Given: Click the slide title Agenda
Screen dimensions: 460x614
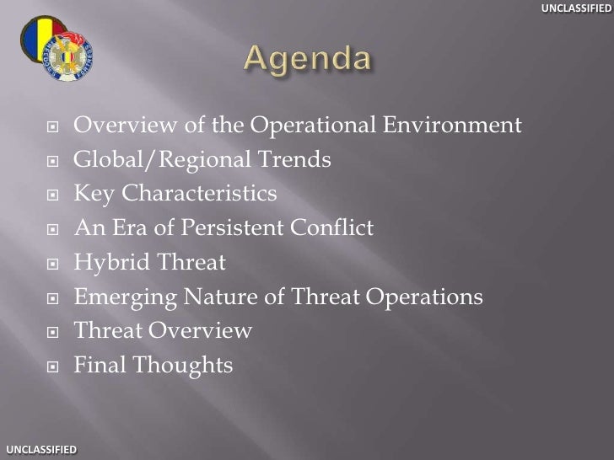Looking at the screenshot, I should click(306, 61).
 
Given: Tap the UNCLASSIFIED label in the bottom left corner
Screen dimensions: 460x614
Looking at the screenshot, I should click(39, 452).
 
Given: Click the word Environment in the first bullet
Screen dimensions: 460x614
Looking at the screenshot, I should click(452, 126).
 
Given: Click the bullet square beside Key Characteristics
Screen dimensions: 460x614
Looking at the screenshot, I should click(52, 195).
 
